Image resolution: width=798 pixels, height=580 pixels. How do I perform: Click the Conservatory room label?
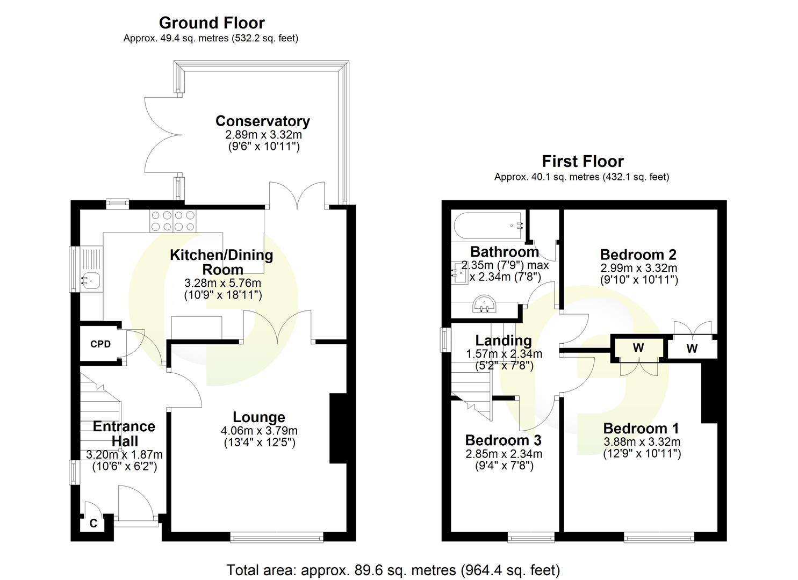pos(262,121)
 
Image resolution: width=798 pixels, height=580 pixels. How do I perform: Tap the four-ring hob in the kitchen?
pos(174,220)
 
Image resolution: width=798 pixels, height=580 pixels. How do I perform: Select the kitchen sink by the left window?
pos(90,279)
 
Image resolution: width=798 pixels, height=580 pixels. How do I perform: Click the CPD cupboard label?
pos(100,344)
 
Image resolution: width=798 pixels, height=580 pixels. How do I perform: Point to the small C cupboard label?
pos(93,523)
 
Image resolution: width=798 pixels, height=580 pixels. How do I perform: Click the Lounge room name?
pos(258,417)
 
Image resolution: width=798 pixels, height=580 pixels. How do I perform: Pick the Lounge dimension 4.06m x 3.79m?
pos(258,431)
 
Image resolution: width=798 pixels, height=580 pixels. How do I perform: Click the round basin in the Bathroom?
pos(485,305)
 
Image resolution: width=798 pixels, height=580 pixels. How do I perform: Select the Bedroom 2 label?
pos(638,255)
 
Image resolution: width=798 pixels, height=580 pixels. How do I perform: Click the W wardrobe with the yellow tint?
pos(638,348)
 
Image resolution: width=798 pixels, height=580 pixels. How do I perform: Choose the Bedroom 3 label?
pos(503,440)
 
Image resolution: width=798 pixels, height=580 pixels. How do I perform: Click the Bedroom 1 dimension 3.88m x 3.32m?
pos(642,442)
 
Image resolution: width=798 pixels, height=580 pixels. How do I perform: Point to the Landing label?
pos(503,340)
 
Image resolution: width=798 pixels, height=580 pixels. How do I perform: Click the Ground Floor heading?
pos(212,23)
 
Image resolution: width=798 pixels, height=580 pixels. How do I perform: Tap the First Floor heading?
pos(583,162)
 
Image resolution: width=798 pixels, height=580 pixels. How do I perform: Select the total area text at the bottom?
pos(393,570)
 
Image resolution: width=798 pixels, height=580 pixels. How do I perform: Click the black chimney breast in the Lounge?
pos(339,428)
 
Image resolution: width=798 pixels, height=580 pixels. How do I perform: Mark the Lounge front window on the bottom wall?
pos(276,536)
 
